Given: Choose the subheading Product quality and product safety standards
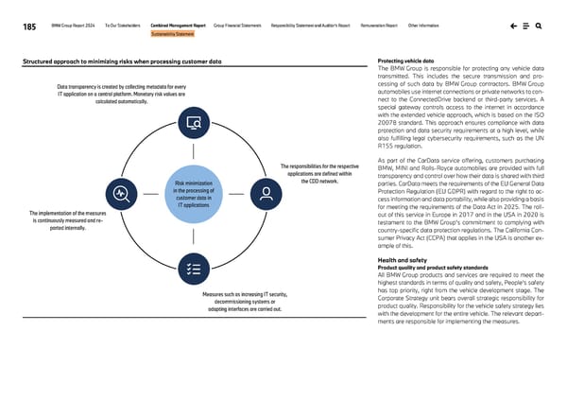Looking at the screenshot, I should [432, 267].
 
